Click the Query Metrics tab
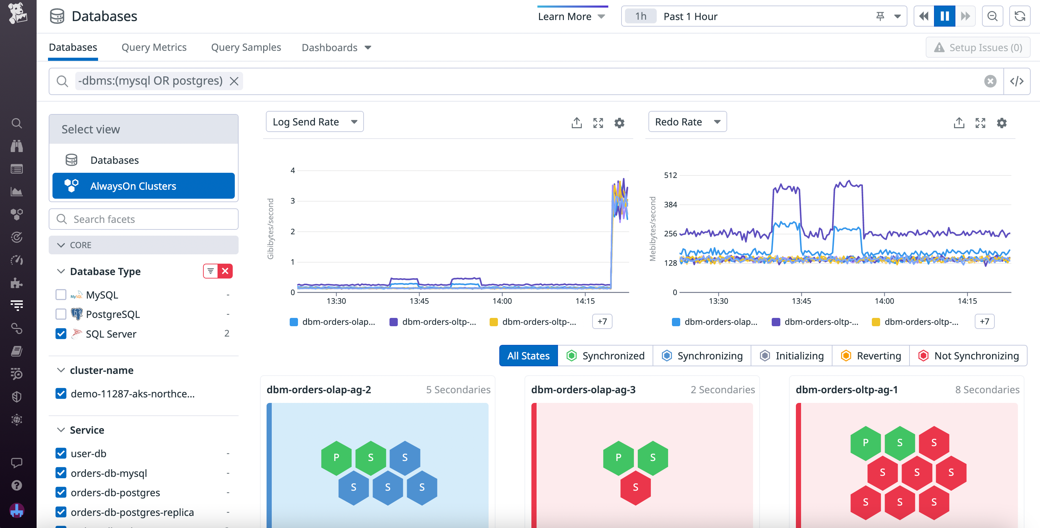point(154,47)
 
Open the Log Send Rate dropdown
point(315,122)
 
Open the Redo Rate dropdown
point(687,122)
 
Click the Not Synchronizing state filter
point(968,356)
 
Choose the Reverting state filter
point(871,356)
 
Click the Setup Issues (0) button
point(978,47)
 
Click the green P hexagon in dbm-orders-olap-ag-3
point(618,457)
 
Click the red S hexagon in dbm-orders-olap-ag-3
point(635,487)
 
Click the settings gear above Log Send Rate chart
point(619,123)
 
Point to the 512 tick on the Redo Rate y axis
point(670,175)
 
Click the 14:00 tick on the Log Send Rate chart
point(502,301)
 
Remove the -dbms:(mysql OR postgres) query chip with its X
point(234,81)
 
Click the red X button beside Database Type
point(225,271)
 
